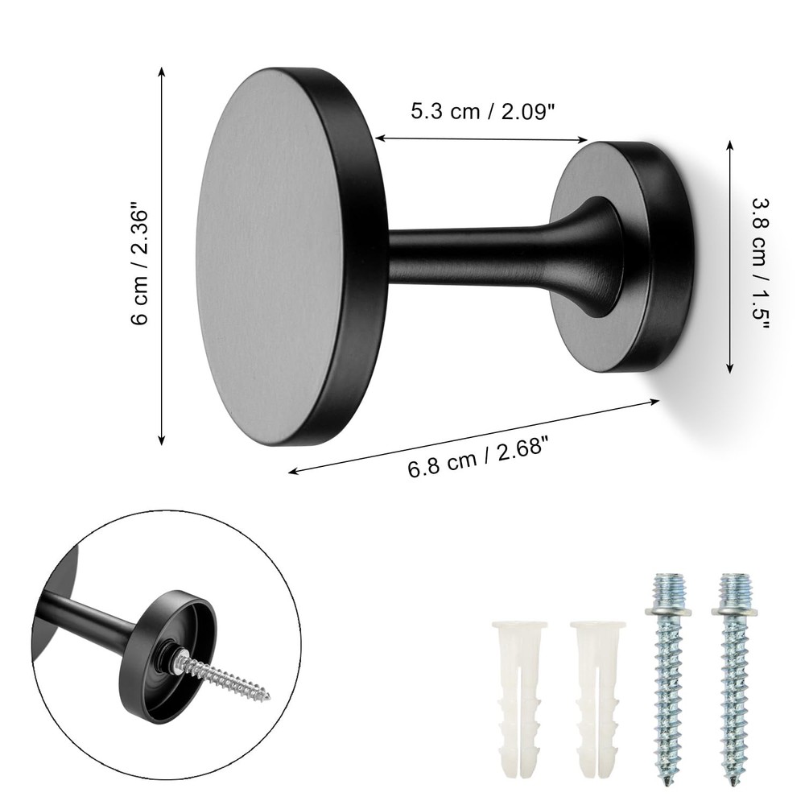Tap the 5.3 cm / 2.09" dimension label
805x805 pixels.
click(483, 111)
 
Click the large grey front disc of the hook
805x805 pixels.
click(270, 256)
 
